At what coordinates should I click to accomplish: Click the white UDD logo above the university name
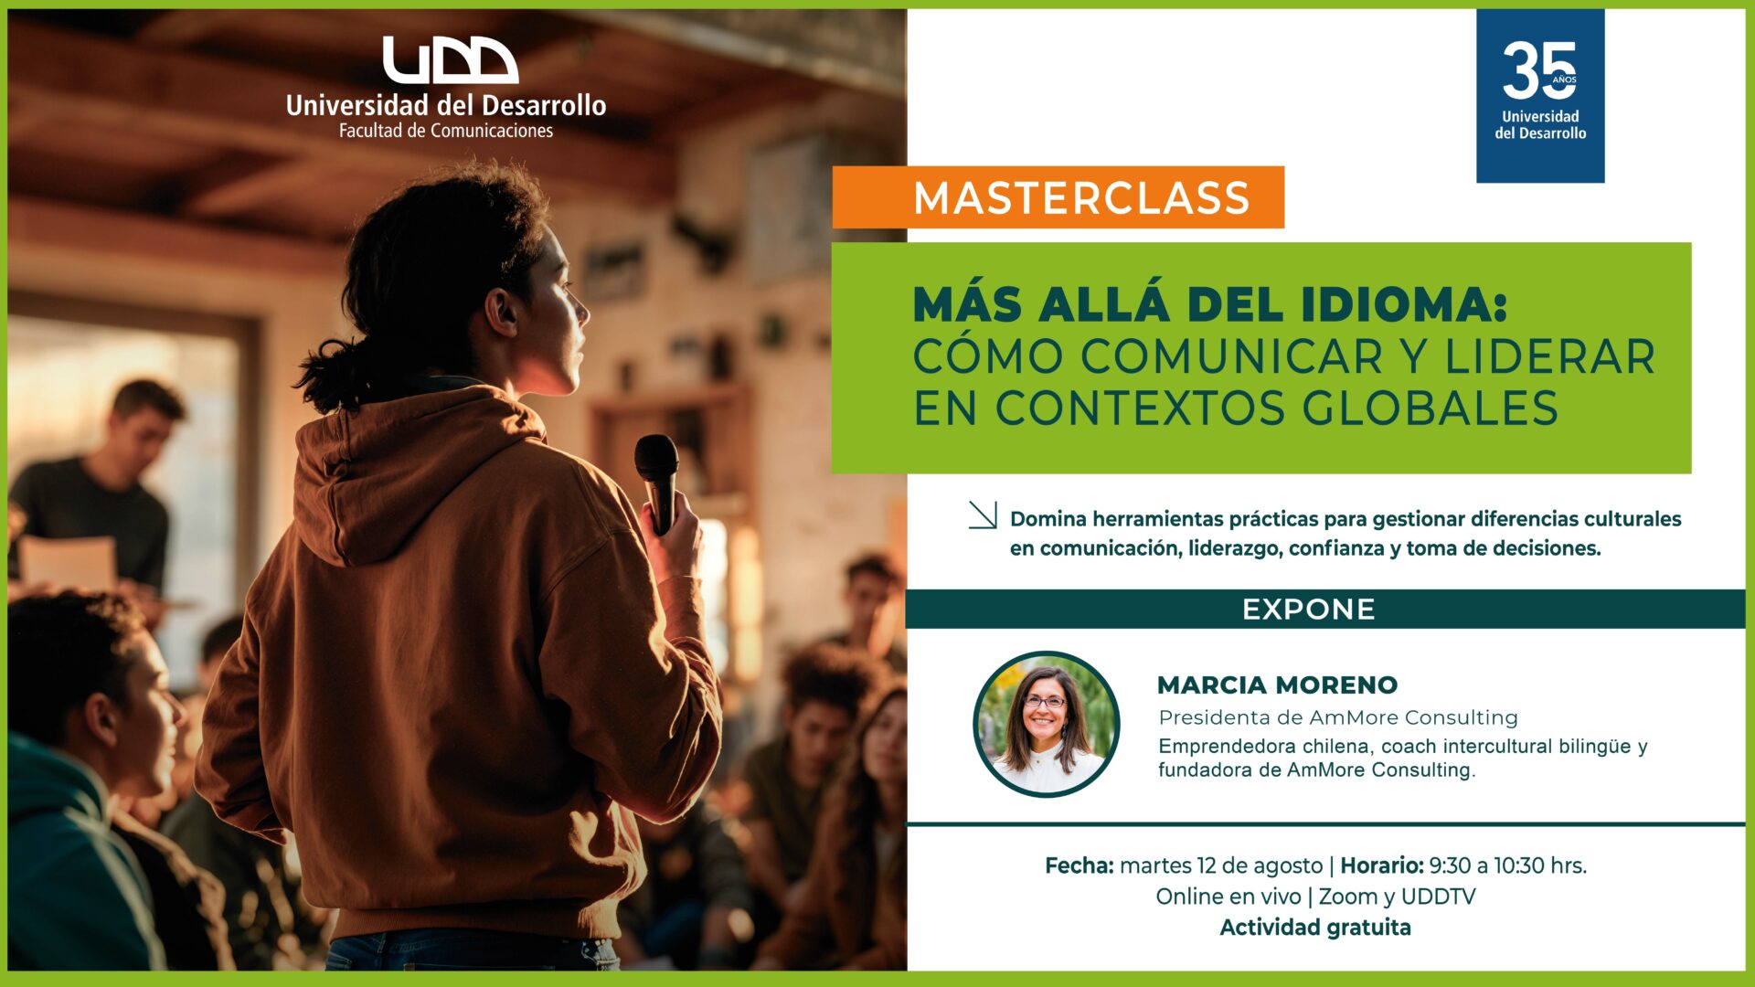[x=450, y=60]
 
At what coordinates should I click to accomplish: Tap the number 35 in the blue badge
[x=1539, y=70]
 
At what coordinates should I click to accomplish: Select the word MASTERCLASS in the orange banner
[x=1081, y=198]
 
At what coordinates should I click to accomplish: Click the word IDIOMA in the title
[x=1403, y=304]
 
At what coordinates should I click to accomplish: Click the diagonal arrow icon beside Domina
[x=983, y=515]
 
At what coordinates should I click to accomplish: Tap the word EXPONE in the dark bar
[x=1308, y=610]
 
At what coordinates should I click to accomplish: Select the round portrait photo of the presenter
[x=1047, y=724]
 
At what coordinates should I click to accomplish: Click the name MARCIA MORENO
[x=1277, y=685]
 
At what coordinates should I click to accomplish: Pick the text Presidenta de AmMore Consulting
[x=1338, y=717]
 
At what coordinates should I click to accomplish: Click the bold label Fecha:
[x=1080, y=865]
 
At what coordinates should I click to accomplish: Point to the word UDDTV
[x=1438, y=897]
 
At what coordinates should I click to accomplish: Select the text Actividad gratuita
[x=1315, y=928]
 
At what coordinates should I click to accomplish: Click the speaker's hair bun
[x=334, y=375]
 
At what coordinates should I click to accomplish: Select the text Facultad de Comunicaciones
[x=446, y=131]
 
